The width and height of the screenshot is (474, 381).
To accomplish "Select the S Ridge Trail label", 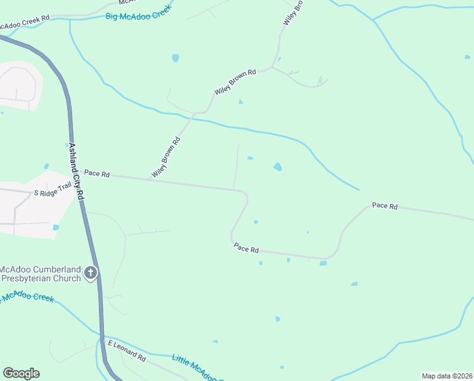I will [54, 190].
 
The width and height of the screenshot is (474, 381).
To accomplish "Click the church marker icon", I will [91, 273].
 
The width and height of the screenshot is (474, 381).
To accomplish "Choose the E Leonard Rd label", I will [127, 350].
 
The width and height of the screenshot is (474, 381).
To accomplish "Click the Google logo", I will [21, 373].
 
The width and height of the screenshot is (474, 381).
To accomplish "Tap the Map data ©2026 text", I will [447, 376].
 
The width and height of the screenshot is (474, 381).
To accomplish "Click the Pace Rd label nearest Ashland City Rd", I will [97, 173].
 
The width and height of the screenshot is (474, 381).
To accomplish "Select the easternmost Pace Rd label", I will [384, 206].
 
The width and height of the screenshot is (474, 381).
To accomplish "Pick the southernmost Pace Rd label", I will [246, 248].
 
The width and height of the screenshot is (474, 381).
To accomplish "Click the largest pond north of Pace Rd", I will [278, 167].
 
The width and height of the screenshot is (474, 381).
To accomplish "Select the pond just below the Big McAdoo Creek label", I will [175, 58].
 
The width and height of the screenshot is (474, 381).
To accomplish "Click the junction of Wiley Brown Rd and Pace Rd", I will [150, 180].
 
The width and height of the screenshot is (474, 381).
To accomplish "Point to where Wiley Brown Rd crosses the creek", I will [193, 118].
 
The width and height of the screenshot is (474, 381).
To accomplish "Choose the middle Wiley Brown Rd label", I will [234, 82].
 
